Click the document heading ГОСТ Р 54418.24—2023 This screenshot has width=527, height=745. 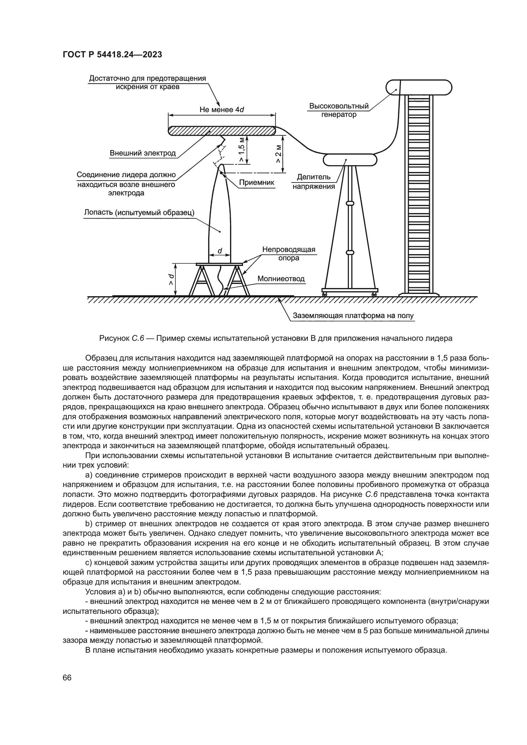click(x=112, y=54)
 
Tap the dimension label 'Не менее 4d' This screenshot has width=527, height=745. click(x=222, y=110)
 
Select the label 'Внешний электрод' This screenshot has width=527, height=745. click(x=142, y=153)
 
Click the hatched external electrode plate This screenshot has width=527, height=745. click(x=222, y=131)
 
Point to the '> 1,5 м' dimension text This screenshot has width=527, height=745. click(x=242, y=150)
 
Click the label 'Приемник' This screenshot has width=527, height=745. click(x=256, y=183)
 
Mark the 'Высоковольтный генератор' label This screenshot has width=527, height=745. click(x=339, y=110)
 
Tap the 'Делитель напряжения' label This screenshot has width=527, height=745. click(x=314, y=182)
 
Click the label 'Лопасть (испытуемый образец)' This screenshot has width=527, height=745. click(x=139, y=212)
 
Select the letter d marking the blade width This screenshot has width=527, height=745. click(x=220, y=251)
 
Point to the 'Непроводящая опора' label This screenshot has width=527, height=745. click(x=288, y=254)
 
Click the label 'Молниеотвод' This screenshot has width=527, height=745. click(x=281, y=279)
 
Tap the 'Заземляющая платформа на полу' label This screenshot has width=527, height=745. click(x=353, y=315)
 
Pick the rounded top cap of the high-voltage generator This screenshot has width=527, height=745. click(x=419, y=87)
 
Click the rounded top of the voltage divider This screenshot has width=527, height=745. click(x=350, y=160)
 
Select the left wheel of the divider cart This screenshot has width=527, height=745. click(x=324, y=294)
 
